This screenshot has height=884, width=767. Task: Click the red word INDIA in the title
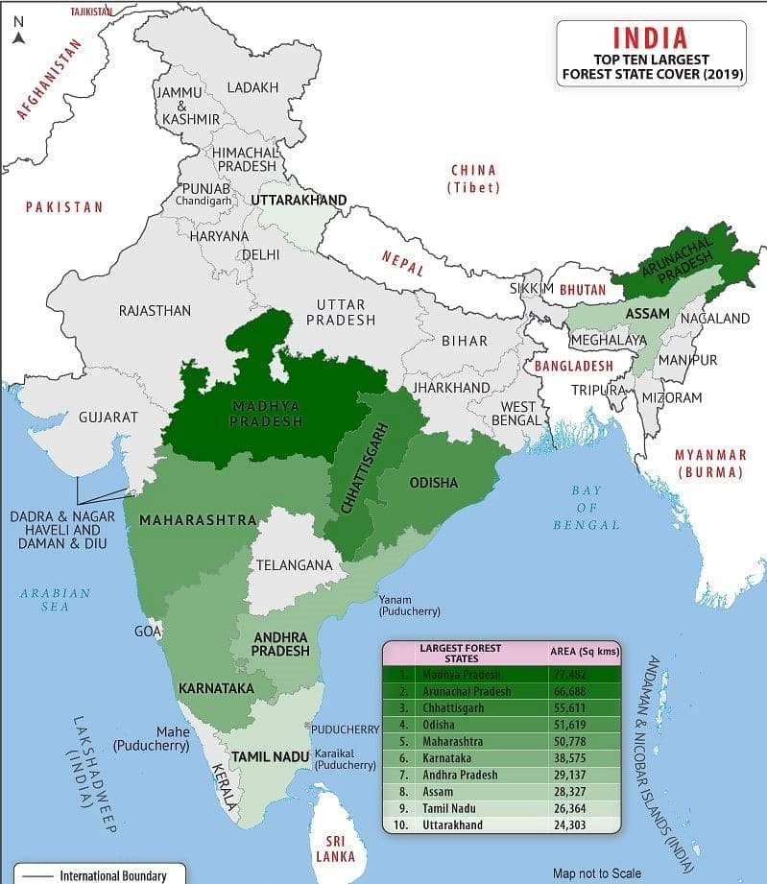point(650,37)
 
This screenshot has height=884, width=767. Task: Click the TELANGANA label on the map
point(294,565)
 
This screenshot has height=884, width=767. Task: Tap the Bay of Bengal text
point(586,508)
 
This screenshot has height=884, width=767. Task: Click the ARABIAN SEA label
point(55,601)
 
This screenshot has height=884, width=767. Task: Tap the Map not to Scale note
point(596,872)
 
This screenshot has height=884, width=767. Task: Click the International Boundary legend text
point(112,874)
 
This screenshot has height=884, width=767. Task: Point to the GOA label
point(149,632)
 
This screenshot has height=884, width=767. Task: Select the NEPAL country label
point(402,263)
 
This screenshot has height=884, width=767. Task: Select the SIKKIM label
point(532,289)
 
